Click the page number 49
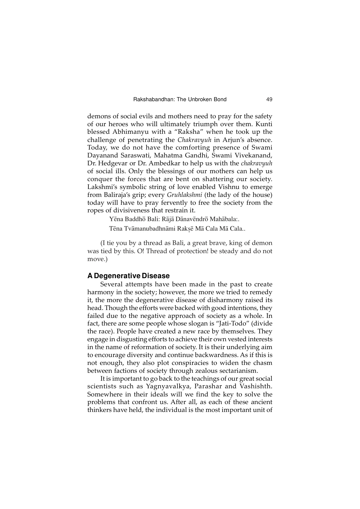pyautogui.click(x=269, y=100)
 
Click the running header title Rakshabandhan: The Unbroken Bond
pyautogui.click(x=180, y=100)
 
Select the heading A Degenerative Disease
pyautogui.click(x=128, y=276)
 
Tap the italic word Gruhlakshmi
pyautogui.click(x=184, y=195)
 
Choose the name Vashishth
pyautogui.click(x=255, y=386)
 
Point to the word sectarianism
pyautogui.click(x=231, y=371)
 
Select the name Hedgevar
pyautogui.click(x=112, y=164)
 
